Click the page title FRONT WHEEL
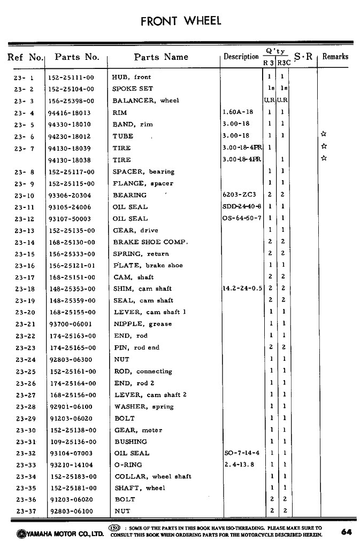click(x=180, y=21)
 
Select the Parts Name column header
click(x=161, y=57)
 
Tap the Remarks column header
click(x=335, y=56)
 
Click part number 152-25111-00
click(x=71, y=78)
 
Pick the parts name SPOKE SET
click(x=132, y=89)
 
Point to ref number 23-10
click(x=25, y=196)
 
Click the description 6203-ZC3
click(x=239, y=195)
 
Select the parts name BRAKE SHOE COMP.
click(x=150, y=242)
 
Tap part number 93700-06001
click(x=71, y=324)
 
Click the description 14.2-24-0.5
click(x=242, y=289)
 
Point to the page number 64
click(x=346, y=532)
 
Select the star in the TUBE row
click(x=323, y=135)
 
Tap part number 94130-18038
click(x=70, y=160)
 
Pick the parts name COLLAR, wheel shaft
click(x=153, y=476)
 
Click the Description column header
click(x=241, y=57)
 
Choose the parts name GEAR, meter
click(x=138, y=430)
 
